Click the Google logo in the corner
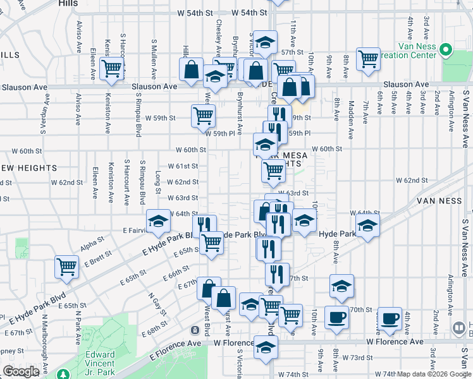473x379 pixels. point(21,371)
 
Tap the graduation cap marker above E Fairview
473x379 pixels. point(157,220)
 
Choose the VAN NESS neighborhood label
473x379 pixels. point(440,200)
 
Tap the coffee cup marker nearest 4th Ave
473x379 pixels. point(390,317)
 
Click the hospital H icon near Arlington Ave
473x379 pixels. point(459,328)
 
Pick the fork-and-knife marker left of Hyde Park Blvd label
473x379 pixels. point(204,225)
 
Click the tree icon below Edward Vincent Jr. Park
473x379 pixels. point(64,374)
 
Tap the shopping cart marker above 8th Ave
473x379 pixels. point(367,59)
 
